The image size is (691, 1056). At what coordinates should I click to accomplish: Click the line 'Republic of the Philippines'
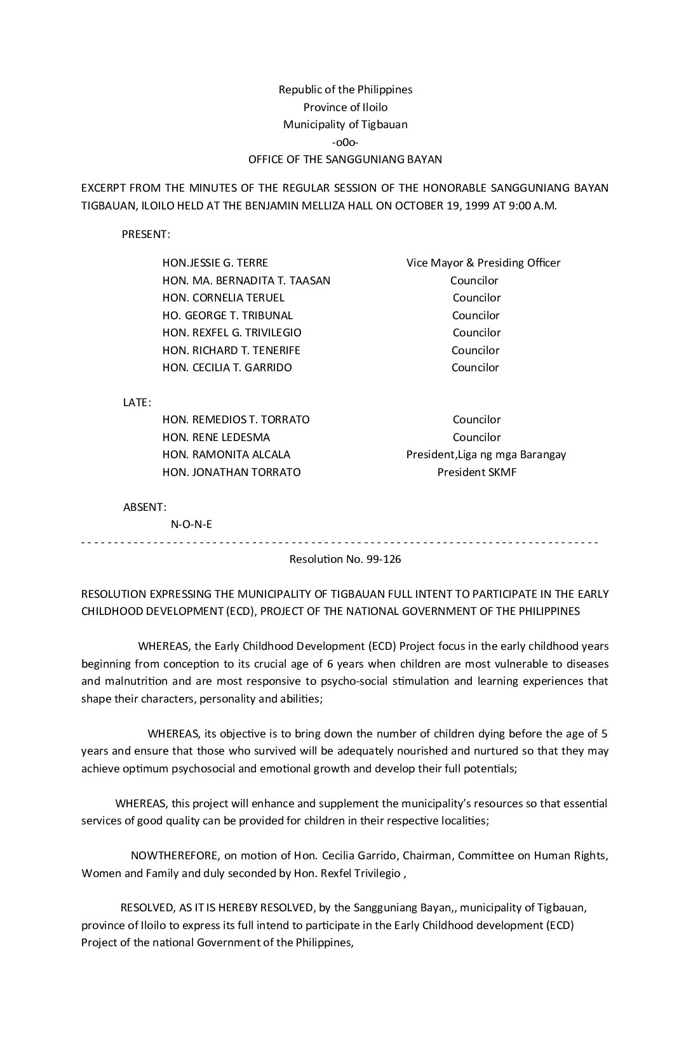[345, 89]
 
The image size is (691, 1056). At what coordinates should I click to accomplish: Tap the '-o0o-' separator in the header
[345, 142]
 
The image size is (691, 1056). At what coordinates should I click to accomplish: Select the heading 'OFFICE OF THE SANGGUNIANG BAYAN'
[345, 159]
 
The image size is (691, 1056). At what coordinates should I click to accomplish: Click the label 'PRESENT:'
[145, 234]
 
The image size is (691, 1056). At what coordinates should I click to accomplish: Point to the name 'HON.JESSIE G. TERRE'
[215, 263]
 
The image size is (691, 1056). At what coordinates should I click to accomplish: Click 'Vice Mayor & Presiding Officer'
[483, 263]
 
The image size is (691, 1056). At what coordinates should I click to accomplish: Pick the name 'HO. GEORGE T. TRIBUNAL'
[227, 315]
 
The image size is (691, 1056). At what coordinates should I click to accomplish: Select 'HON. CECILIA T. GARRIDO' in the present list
[227, 367]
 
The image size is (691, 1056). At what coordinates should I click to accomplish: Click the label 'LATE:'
[137, 402]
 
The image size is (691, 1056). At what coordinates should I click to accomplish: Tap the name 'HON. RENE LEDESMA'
[216, 437]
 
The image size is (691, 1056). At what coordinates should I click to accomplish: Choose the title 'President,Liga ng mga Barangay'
[486, 454]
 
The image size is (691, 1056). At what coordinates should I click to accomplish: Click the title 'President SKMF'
[476, 472]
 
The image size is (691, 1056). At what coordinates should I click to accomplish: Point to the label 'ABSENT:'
[145, 507]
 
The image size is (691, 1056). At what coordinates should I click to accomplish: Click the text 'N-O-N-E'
[192, 524]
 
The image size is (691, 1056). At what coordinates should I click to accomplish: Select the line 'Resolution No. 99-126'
[345, 559]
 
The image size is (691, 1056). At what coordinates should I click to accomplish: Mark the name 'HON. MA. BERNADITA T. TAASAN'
[246, 280]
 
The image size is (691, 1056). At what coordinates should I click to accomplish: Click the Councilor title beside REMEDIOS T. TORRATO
[476, 419]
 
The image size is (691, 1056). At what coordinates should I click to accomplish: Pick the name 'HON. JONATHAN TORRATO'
[231, 472]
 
